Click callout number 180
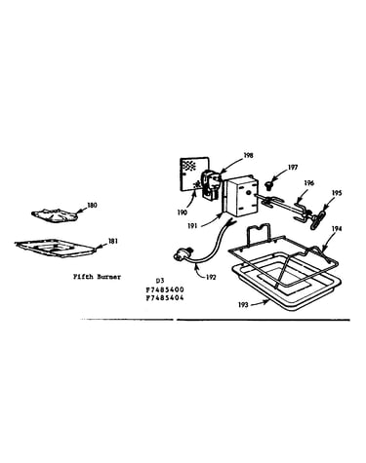click(x=93, y=206)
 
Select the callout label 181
click(x=113, y=242)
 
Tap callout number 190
click(x=183, y=212)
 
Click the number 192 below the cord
click(x=211, y=278)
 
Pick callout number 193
click(x=243, y=305)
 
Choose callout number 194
click(x=337, y=229)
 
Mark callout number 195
click(x=337, y=193)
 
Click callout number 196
click(x=309, y=183)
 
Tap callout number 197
click(x=293, y=168)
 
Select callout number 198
click(x=248, y=156)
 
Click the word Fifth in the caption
click(x=83, y=277)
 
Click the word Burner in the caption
click(x=109, y=277)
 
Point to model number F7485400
click(x=165, y=289)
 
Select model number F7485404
click(x=165, y=298)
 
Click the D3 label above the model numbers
click(x=160, y=281)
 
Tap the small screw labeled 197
click(x=269, y=185)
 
